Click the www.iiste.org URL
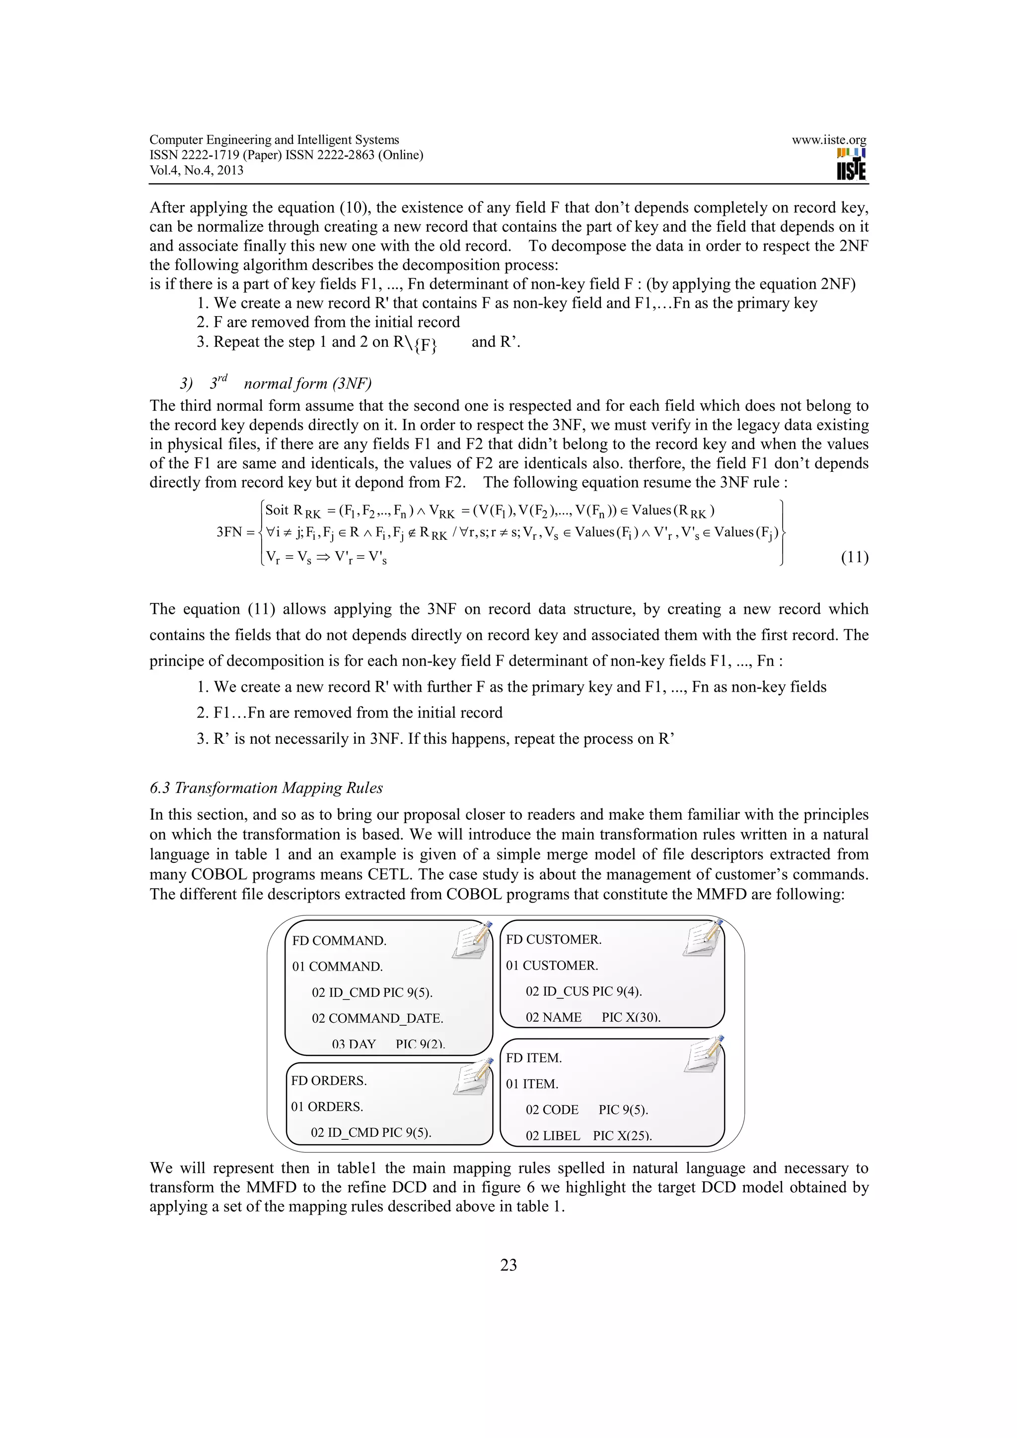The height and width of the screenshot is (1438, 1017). pyautogui.click(x=828, y=140)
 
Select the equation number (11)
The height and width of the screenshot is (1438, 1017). pyautogui.click(x=854, y=557)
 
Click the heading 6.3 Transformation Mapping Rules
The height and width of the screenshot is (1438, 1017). pyautogui.click(x=266, y=788)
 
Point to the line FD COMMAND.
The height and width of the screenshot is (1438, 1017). pyautogui.click(x=339, y=941)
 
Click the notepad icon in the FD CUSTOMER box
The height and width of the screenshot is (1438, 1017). pyautogui.click(x=703, y=938)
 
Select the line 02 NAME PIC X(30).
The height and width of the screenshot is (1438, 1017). pyautogui.click(x=593, y=1018)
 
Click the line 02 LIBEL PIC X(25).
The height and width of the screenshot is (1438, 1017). pyautogui.click(x=588, y=1135)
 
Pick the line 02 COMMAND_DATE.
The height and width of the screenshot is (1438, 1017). pyautogui.click(x=377, y=1018)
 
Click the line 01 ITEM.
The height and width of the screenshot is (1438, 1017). pyautogui.click(x=531, y=1084)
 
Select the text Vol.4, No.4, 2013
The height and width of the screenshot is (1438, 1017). pyautogui.click(x=196, y=170)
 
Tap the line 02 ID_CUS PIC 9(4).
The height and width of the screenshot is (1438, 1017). pyautogui.click(x=583, y=991)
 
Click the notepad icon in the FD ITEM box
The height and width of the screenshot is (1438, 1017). pyautogui.click(x=704, y=1055)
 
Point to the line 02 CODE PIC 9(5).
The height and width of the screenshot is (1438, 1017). pyautogui.click(x=586, y=1110)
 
